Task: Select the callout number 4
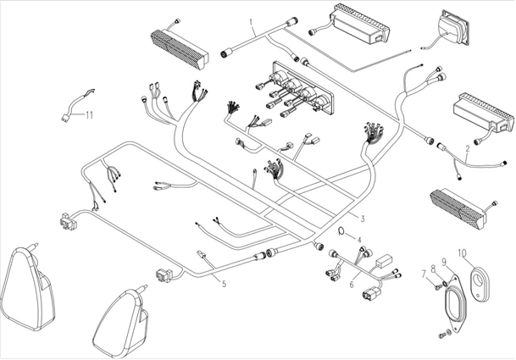coord(358,240)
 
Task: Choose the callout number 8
coord(432,269)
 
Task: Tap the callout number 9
coord(443,261)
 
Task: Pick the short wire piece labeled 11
coord(74,102)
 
